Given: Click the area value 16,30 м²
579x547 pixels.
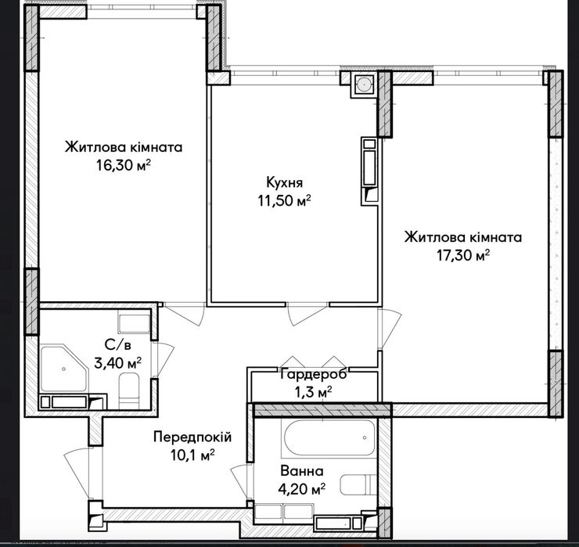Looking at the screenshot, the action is pos(124,165).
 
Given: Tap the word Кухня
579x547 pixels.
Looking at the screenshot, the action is pos(284,182).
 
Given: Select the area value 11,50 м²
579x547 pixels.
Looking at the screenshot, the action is pos(284,200).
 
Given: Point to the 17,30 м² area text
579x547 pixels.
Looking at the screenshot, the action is pos(463,255).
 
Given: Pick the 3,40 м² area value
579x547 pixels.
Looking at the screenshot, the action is pos(118,363).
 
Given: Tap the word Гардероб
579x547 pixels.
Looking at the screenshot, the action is pos(314,374).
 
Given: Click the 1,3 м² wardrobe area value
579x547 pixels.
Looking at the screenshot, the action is pos(314,392).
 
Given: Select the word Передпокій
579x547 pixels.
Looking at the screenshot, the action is pos(192,437).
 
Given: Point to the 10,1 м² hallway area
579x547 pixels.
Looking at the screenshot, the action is pos(192,455).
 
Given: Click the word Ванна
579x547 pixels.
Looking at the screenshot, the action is pos(302,471).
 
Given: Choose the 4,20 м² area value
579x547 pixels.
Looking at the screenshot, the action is pos(302,489).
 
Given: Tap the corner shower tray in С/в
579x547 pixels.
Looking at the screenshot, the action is pos(63,369).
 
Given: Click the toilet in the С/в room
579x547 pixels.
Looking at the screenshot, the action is pos(129,390).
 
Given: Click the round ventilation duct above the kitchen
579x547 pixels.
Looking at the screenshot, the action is pos(364,85).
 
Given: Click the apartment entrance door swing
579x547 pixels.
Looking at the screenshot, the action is pos(77,472).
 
